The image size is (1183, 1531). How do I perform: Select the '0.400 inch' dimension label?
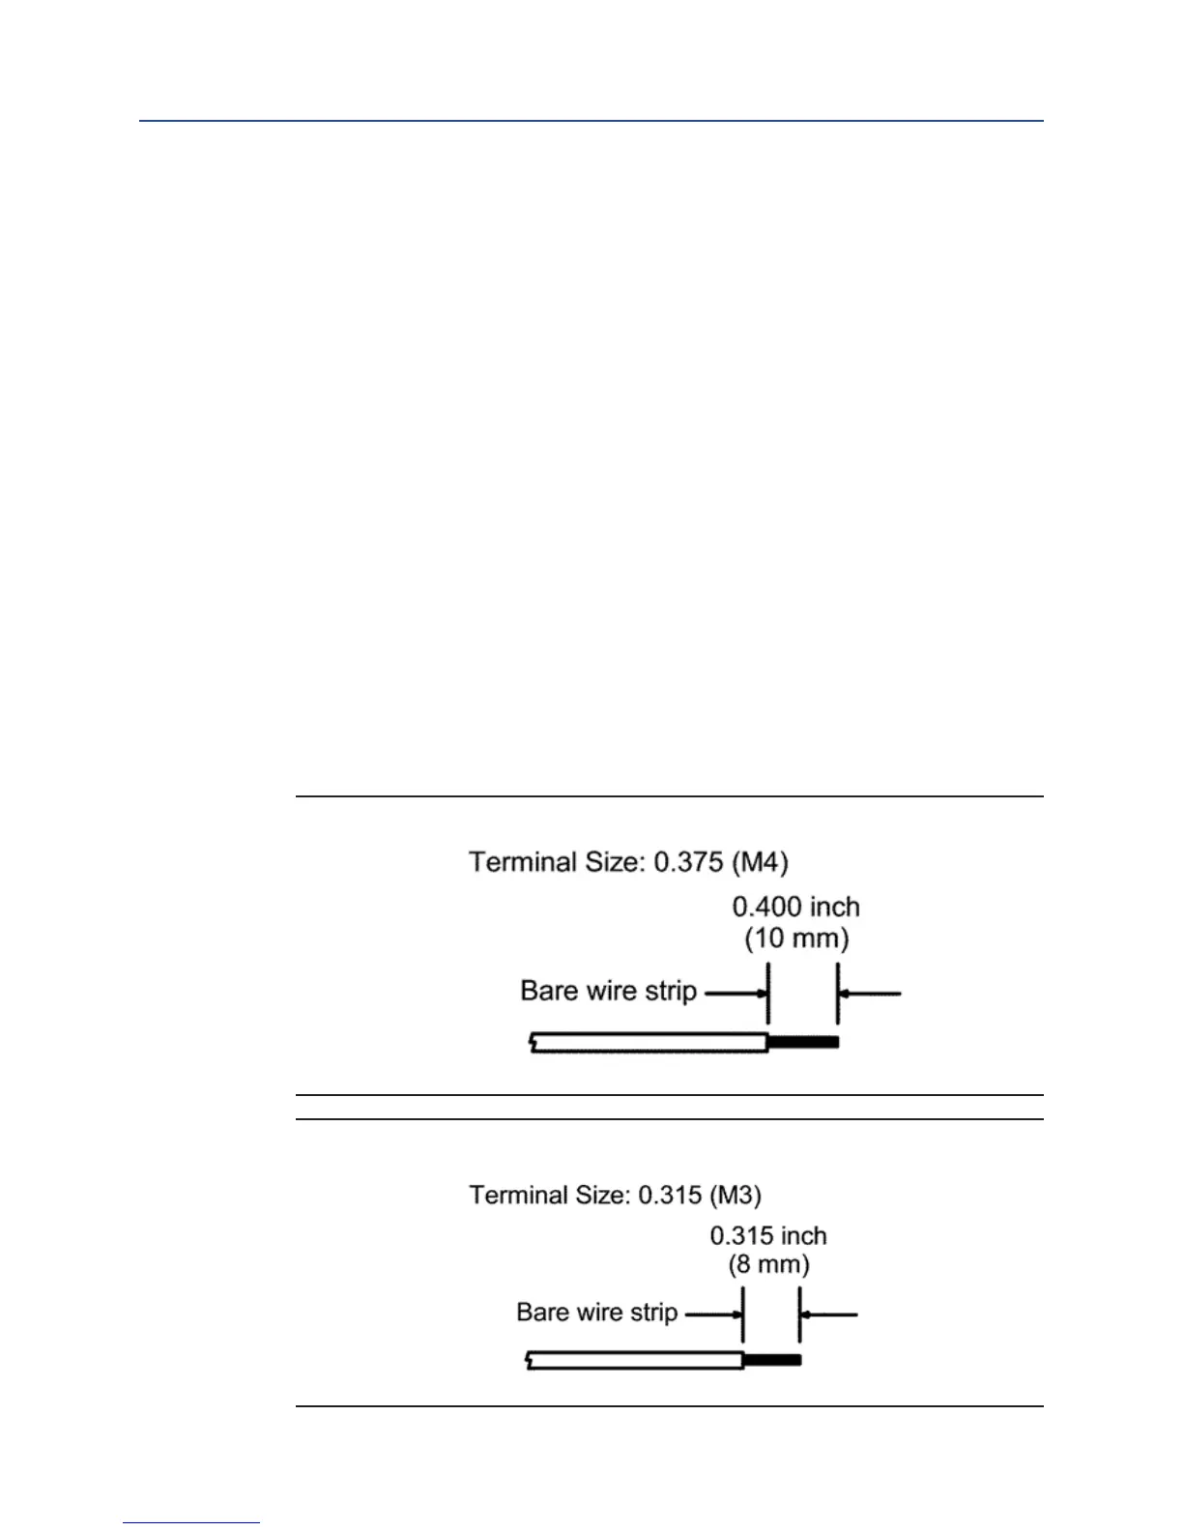click(x=795, y=907)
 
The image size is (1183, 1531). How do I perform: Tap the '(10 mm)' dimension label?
click(x=796, y=939)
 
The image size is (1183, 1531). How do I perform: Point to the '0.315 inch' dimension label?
click(x=768, y=1235)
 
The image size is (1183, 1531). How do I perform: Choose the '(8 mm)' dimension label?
click(x=768, y=1264)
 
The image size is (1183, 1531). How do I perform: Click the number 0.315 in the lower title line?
click(x=669, y=1196)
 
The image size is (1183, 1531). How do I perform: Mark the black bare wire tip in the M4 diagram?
click(x=803, y=1042)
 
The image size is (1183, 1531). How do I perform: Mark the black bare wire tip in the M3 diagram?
click(x=772, y=1361)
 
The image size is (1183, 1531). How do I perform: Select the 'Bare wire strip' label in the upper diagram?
click(x=608, y=992)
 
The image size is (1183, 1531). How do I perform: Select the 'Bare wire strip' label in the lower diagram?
click(x=596, y=1313)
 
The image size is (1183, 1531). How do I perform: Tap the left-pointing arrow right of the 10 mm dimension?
click(x=869, y=993)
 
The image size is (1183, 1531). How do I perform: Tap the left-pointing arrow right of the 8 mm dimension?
click(x=828, y=1314)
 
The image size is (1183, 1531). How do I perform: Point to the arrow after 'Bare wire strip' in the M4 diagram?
click(x=736, y=993)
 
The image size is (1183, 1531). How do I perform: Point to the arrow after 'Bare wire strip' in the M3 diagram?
click(x=713, y=1314)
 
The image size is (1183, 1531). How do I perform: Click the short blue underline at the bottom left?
click(x=191, y=1523)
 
